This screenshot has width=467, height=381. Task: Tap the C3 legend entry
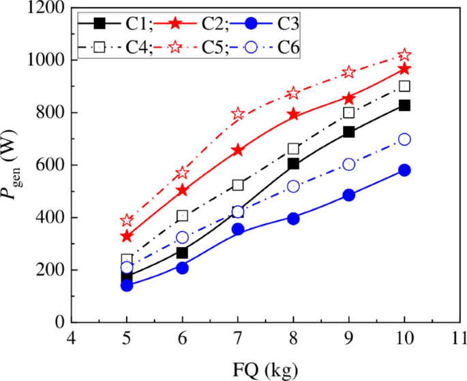263,24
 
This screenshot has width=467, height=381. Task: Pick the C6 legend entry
263,47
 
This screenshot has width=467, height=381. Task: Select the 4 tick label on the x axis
71,338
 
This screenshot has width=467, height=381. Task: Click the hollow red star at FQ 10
404,54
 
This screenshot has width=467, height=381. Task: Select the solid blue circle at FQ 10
404,170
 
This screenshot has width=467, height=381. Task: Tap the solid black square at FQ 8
293,164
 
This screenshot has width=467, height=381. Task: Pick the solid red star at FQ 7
238,150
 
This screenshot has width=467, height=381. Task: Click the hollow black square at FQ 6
182,216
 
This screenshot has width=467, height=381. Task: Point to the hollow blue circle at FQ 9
349,164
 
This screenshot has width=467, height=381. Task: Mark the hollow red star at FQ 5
127,220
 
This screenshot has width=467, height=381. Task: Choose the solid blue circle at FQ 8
293,218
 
